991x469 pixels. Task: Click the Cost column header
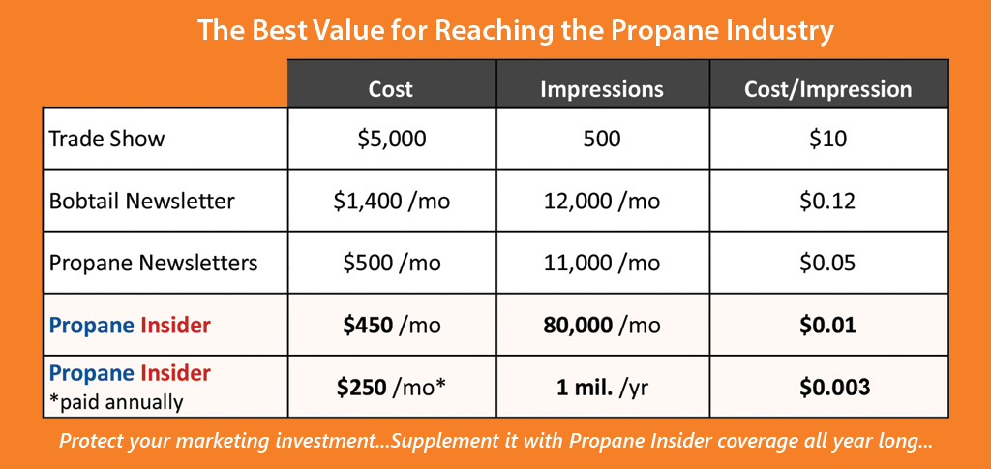pyautogui.click(x=390, y=89)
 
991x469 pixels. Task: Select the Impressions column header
pyautogui.click(x=601, y=89)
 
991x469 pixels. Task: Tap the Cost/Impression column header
pyautogui.click(x=827, y=89)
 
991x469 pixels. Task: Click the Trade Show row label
pyautogui.click(x=107, y=139)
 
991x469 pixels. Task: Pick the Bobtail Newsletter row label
pyautogui.click(x=141, y=202)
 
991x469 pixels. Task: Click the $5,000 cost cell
pyautogui.click(x=390, y=139)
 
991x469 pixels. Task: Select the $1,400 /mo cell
pyautogui.click(x=390, y=202)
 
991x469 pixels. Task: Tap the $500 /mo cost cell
pyautogui.click(x=390, y=263)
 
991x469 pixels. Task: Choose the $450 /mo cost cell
pyautogui.click(x=390, y=325)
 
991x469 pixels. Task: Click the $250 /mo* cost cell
pyautogui.click(x=390, y=387)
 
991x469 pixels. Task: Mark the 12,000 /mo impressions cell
pyautogui.click(x=601, y=202)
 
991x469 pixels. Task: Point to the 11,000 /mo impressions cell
pyautogui.click(x=601, y=263)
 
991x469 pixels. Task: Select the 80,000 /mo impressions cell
pyautogui.click(x=601, y=325)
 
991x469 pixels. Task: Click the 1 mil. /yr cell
pyautogui.click(x=601, y=387)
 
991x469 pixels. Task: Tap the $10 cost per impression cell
pyautogui.click(x=827, y=139)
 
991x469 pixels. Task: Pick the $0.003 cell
pyautogui.click(x=827, y=387)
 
